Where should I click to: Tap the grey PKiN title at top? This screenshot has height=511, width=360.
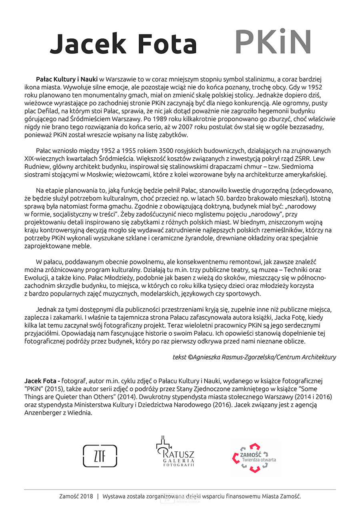[273, 42]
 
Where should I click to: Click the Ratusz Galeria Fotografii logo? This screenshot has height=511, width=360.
[175, 452]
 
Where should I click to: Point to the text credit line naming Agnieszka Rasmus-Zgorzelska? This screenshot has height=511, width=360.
[254, 357]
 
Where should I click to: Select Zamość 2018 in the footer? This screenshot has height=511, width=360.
[76, 496]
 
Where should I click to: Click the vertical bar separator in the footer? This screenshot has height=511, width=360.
[98, 496]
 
